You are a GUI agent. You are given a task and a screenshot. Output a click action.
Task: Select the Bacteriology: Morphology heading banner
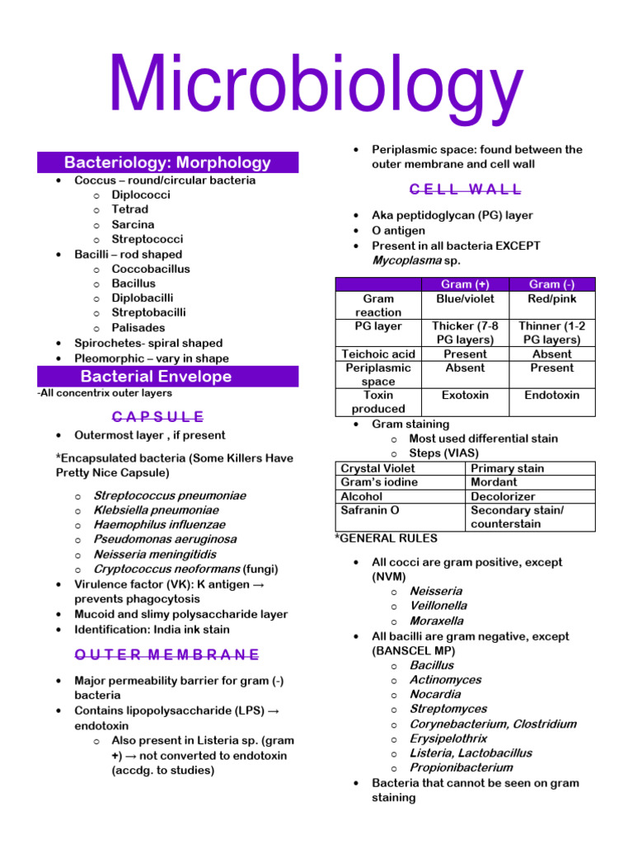click(167, 162)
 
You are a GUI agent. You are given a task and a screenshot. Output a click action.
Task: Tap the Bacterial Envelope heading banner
click(167, 377)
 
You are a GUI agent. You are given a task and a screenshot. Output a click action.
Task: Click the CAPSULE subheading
click(158, 417)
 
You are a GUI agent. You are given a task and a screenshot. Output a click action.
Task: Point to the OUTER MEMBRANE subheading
click(167, 655)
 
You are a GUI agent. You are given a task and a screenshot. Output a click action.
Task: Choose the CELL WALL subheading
click(466, 190)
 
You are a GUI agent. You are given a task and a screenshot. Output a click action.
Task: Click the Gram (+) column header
click(464, 284)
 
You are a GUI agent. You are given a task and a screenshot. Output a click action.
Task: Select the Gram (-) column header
click(551, 284)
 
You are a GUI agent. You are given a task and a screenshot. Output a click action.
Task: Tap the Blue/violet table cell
click(464, 299)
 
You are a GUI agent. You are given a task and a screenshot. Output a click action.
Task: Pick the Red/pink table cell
click(551, 299)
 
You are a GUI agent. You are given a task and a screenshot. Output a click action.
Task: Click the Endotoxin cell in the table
click(551, 396)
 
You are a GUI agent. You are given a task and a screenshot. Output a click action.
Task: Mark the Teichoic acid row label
click(378, 354)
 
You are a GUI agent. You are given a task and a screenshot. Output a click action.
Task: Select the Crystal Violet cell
click(378, 468)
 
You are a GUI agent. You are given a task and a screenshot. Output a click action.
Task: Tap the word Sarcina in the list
click(133, 224)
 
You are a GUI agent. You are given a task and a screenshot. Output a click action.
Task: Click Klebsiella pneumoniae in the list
click(156, 510)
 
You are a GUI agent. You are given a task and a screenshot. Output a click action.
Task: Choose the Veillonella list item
click(438, 606)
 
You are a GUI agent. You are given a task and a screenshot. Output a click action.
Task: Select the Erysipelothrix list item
click(448, 738)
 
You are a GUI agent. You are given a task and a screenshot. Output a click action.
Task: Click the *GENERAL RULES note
click(374, 538)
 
